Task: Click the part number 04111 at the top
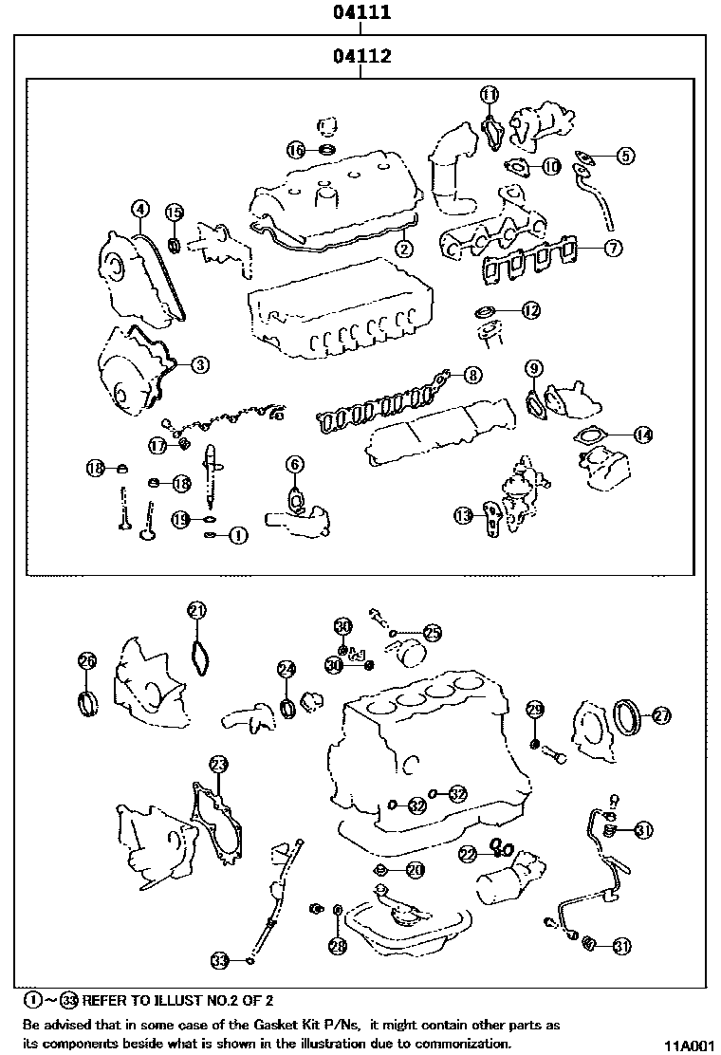362,13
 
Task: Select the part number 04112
362,57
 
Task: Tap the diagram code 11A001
687,1044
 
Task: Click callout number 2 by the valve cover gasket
404,250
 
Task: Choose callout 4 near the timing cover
139,209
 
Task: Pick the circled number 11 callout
489,94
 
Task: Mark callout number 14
643,435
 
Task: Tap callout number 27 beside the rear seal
661,715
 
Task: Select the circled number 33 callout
220,960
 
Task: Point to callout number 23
218,764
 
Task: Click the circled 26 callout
86,661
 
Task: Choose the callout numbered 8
472,376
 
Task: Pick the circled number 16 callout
296,150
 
